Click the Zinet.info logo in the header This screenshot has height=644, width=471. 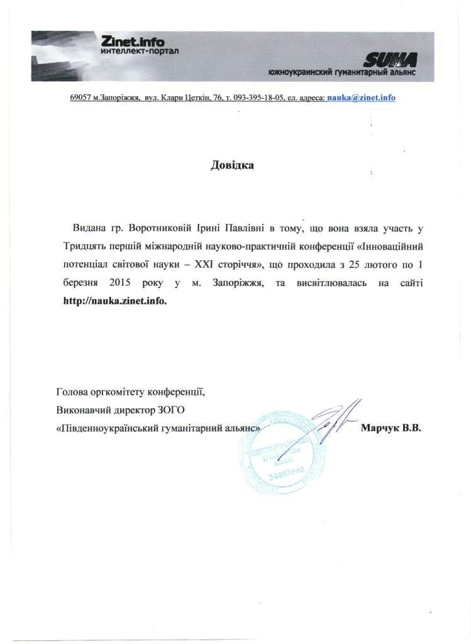pos(131,42)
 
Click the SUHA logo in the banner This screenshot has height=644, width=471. pos(393,60)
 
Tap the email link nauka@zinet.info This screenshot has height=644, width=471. pos(361,99)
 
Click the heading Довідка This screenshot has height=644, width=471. pos(232,166)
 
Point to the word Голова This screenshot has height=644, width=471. pos(72,391)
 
